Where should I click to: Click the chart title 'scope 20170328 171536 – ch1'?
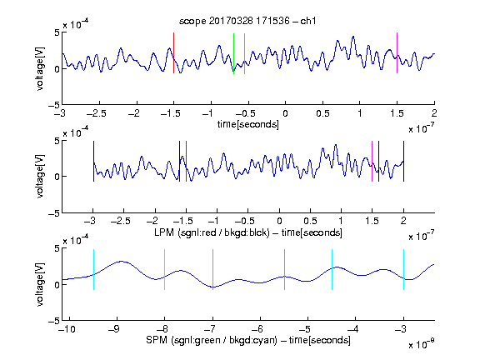(247, 21)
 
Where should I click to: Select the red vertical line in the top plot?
(173, 53)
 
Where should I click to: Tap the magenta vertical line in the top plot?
(397, 53)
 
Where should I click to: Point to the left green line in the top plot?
(233, 54)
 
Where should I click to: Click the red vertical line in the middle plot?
(186, 162)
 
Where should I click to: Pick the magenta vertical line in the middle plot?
(372, 162)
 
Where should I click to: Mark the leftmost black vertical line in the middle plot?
(93, 162)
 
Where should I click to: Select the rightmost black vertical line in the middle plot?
(403, 162)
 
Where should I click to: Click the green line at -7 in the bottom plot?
(212, 270)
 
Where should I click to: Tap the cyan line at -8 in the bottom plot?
(164, 270)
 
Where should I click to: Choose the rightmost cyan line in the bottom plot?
(403, 270)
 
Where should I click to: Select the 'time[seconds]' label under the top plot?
(248, 124)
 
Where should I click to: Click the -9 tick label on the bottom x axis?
(114, 329)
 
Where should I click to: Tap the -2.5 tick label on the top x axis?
(97, 113)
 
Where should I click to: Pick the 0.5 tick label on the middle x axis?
(310, 221)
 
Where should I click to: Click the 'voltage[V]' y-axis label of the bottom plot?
(40, 284)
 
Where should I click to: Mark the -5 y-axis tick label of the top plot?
(54, 105)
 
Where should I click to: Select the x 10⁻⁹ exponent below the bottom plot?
(422, 343)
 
